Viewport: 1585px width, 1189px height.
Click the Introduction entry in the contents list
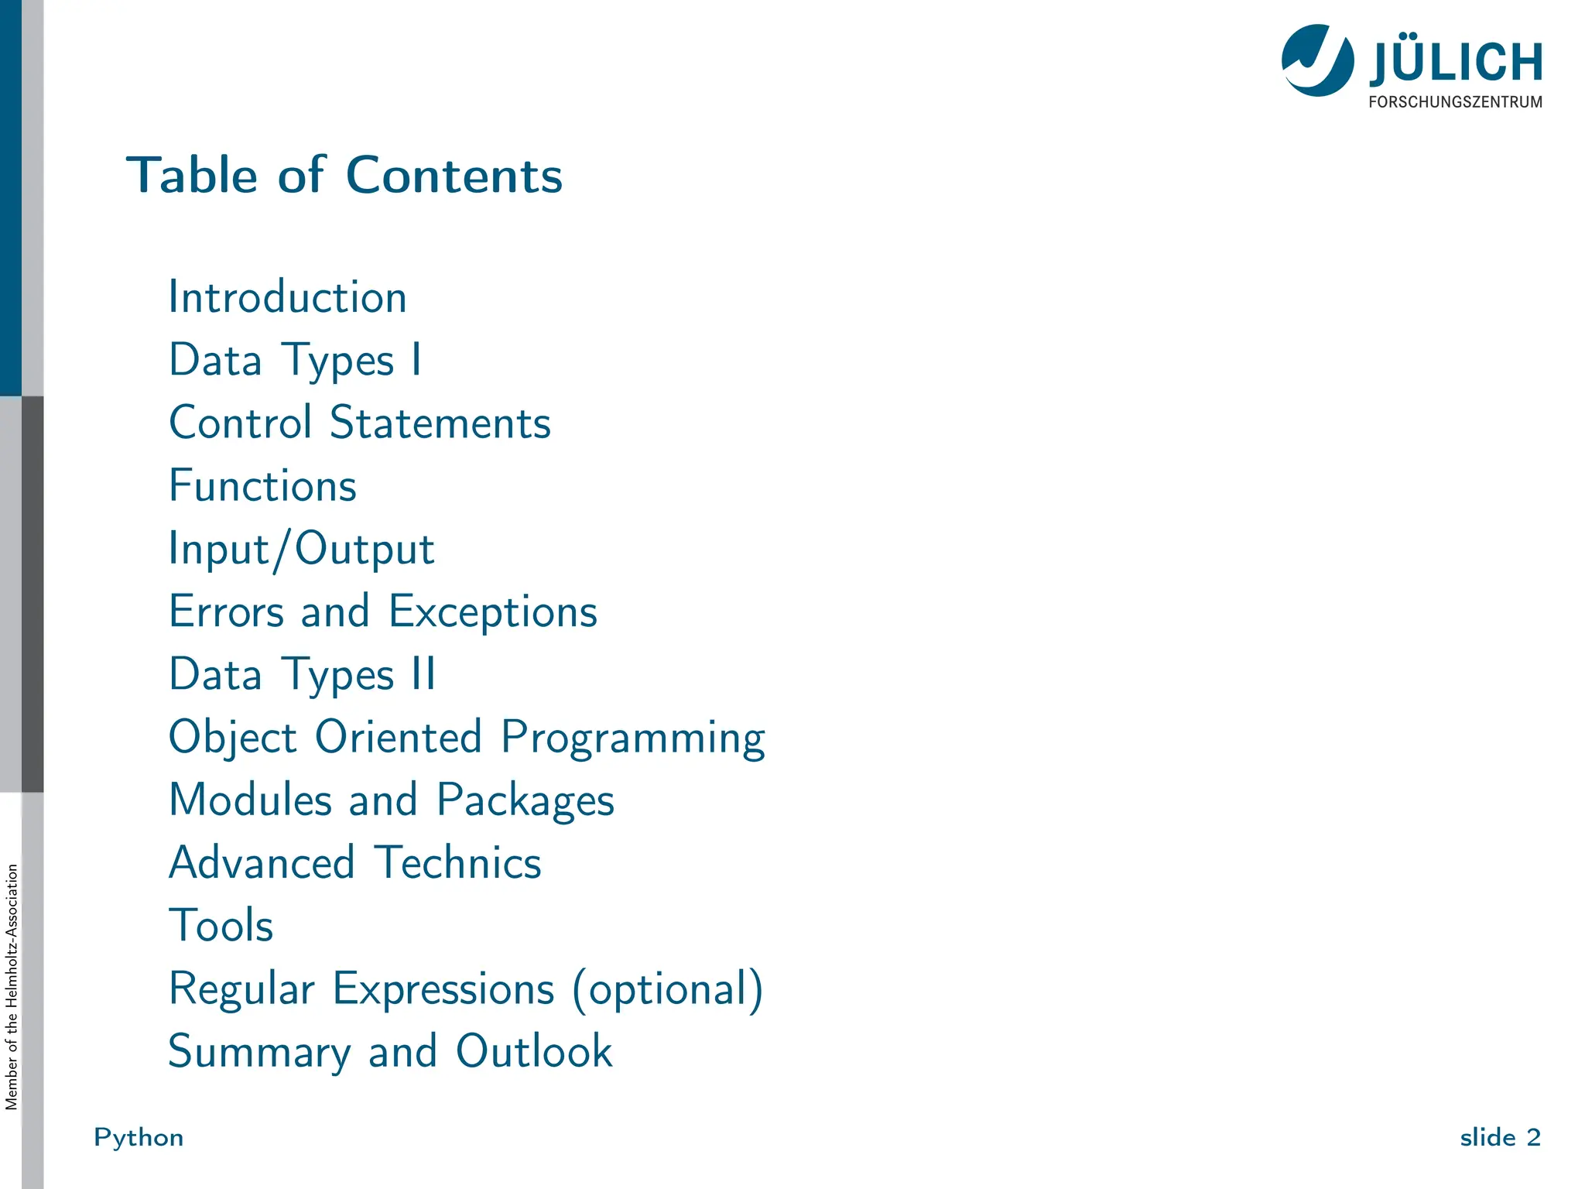point(287,297)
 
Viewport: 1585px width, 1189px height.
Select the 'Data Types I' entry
point(295,361)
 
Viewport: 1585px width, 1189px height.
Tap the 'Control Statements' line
point(360,423)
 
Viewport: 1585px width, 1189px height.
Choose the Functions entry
point(262,486)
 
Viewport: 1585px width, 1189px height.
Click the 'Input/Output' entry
point(301,550)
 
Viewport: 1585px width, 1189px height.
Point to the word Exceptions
point(492,612)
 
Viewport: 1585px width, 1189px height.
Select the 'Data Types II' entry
point(302,675)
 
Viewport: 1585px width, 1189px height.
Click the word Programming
point(632,738)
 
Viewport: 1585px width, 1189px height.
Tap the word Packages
point(525,800)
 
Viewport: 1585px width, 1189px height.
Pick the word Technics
point(457,863)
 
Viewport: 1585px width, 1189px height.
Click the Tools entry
point(221,926)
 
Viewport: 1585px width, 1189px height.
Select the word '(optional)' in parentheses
point(667,989)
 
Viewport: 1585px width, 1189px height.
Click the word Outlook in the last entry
point(533,1051)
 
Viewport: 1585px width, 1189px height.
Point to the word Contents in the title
point(454,175)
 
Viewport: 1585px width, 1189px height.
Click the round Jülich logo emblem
point(1317,60)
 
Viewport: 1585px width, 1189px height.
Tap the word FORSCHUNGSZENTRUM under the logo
point(1455,102)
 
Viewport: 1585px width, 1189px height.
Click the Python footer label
point(139,1137)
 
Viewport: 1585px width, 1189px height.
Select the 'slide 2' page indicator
point(1500,1137)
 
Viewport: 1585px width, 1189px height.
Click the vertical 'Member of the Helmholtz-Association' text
point(12,987)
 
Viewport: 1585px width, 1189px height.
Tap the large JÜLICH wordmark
point(1456,62)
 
